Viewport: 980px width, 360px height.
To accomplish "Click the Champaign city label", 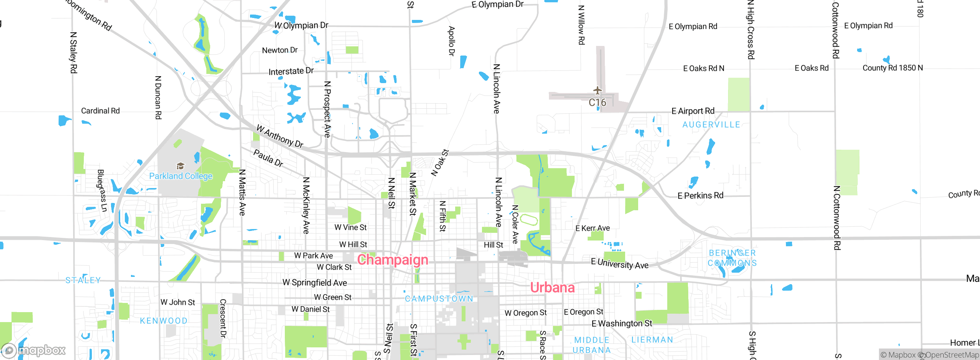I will (x=392, y=260).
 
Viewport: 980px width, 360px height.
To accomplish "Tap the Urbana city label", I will (x=552, y=287).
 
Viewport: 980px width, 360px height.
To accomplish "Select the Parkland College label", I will (x=181, y=176).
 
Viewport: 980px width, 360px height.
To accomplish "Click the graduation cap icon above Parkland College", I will (x=180, y=166).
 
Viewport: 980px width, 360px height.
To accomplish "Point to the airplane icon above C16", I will (x=597, y=91).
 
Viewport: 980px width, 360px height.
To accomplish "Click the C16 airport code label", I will (x=597, y=103).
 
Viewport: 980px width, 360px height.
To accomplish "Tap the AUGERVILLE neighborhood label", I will (x=711, y=125).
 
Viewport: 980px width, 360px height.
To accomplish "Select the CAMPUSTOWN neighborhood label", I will (x=439, y=299).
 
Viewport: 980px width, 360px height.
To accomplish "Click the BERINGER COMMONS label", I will (x=732, y=258).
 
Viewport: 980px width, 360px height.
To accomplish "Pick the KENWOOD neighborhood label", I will (x=163, y=321).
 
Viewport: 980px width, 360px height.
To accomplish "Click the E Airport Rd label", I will (x=693, y=111).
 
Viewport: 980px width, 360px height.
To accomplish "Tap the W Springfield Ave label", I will (x=315, y=283).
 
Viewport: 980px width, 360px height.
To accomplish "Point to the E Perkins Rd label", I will (x=700, y=196).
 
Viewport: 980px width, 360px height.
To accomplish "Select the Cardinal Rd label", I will (x=100, y=111).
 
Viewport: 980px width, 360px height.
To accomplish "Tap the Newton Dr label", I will (x=279, y=50).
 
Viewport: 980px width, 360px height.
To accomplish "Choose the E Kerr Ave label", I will (x=593, y=228).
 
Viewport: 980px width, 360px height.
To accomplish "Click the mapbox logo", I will (x=34, y=350).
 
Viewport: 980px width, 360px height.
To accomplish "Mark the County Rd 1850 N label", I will (x=892, y=68).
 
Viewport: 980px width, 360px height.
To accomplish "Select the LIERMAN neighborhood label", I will (x=652, y=340).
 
